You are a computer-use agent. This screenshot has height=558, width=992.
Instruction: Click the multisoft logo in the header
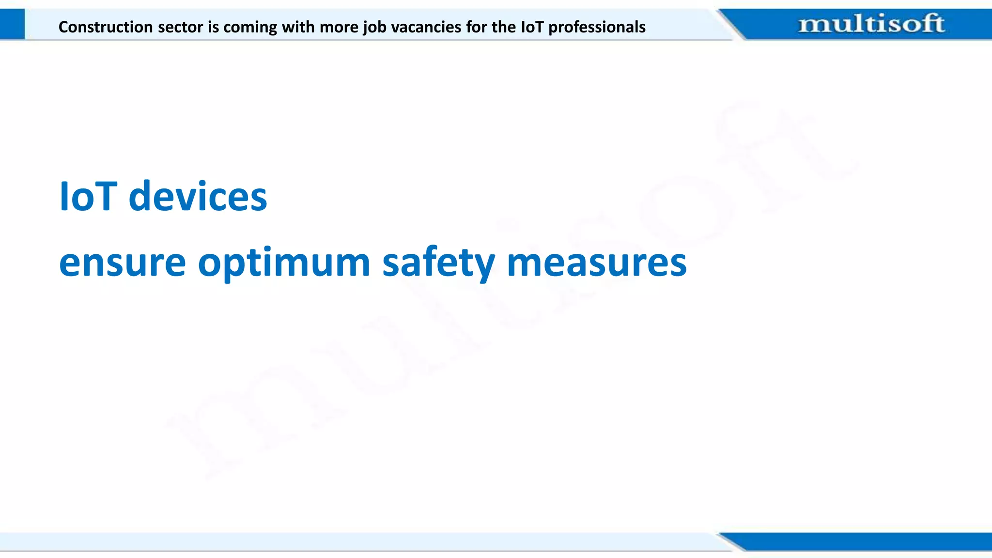(x=871, y=24)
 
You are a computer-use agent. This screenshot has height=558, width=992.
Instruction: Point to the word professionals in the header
(x=597, y=27)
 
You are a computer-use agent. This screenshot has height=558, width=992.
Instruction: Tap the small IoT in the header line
(x=532, y=27)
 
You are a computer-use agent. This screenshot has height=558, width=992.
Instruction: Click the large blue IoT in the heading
(x=88, y=197)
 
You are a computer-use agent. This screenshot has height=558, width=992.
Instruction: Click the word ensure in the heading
(x=122, y=263)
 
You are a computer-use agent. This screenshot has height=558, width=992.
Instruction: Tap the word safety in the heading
(x=438, y=263)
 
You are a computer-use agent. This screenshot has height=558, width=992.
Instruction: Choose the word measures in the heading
(x=596, y=263)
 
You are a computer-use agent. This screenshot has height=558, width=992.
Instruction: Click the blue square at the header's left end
(x=12, y=24)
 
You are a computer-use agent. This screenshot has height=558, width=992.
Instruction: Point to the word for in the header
(x=477, y=27)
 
